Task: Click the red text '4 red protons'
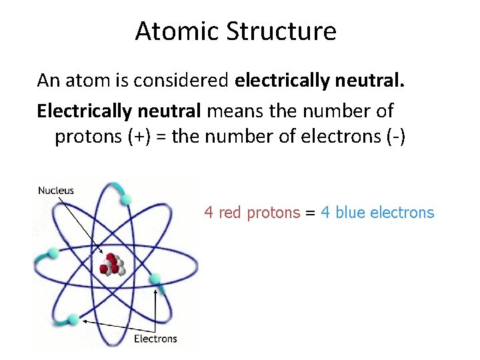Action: click(x=252, y=213)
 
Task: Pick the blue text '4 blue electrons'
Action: click(x=377, y=213)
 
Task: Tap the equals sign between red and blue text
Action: click(x=310, y=213)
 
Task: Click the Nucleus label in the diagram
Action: click(x=56, y=191)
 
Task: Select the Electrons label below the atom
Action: click(x=155, y=338)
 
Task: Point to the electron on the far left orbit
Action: click(x=53, y=254)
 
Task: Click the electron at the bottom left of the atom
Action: click(x=73, y=320)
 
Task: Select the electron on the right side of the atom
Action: click(x=155, y=279)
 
